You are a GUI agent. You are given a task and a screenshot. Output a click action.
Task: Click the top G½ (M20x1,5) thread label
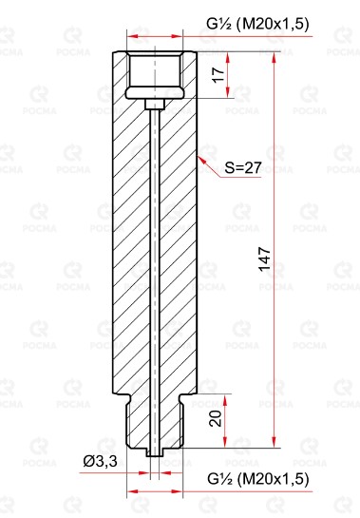pos(257,24)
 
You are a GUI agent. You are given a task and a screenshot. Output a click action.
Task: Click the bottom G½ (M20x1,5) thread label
pos(258,479)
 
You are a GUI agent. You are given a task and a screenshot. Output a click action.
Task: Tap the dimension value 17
pos(218,75)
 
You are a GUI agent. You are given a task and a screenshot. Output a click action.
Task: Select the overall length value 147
pos(265,259)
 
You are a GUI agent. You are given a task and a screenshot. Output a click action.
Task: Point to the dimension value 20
pos(216,419)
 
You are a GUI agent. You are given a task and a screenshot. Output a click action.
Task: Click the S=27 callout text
pos(243,167)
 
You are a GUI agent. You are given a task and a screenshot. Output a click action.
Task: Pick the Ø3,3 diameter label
pos(101,461)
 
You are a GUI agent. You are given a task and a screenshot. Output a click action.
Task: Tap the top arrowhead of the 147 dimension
pos(274,57)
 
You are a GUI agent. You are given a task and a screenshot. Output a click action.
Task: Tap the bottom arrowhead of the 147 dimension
pos(274,442)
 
